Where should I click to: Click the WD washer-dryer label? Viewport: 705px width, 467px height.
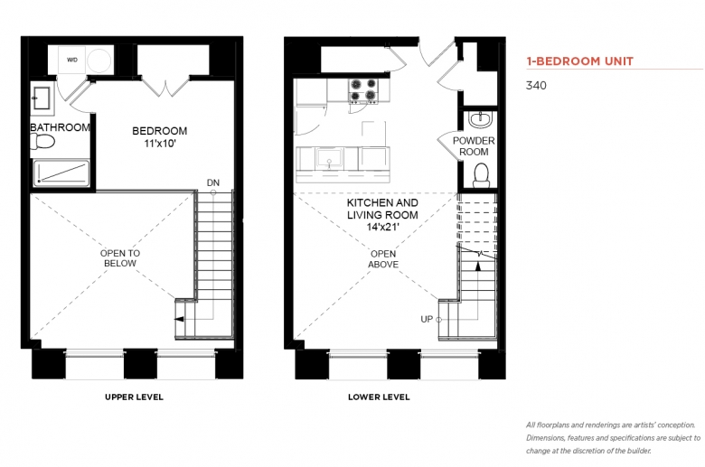click(72, 60)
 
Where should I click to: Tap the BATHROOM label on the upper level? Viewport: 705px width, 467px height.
click(60, 127)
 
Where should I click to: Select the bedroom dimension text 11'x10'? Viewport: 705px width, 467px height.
click(160, 144)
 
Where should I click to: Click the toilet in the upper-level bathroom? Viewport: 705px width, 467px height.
click(42, 142)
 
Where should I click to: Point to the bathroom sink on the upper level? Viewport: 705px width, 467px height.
click(42, 98)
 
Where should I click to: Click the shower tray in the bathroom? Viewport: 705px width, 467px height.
click(61, 173)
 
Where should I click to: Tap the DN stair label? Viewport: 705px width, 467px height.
click(213, 182)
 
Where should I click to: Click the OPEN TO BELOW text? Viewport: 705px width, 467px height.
click(120, 258)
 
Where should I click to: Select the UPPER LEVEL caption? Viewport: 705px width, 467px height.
click(134, 397)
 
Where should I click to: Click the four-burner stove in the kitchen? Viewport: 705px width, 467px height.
click(363, 90)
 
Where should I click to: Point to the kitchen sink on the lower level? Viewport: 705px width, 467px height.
click(329, 159)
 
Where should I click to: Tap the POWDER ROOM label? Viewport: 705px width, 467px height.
click(474, 146)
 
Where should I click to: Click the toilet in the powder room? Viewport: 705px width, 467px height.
click(481, 175)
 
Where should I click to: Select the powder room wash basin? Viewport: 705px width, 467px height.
click(481, 119)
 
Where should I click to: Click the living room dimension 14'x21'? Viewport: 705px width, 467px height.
click(382, 227)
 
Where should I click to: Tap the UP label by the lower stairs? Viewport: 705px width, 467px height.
click(427, 319)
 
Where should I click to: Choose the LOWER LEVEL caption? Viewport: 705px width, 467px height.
click(379, 397)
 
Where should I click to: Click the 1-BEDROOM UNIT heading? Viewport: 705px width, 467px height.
click(580, 61)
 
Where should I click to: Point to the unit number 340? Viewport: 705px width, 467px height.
click(536, 86)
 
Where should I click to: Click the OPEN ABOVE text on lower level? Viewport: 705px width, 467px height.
click(383, 259)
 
